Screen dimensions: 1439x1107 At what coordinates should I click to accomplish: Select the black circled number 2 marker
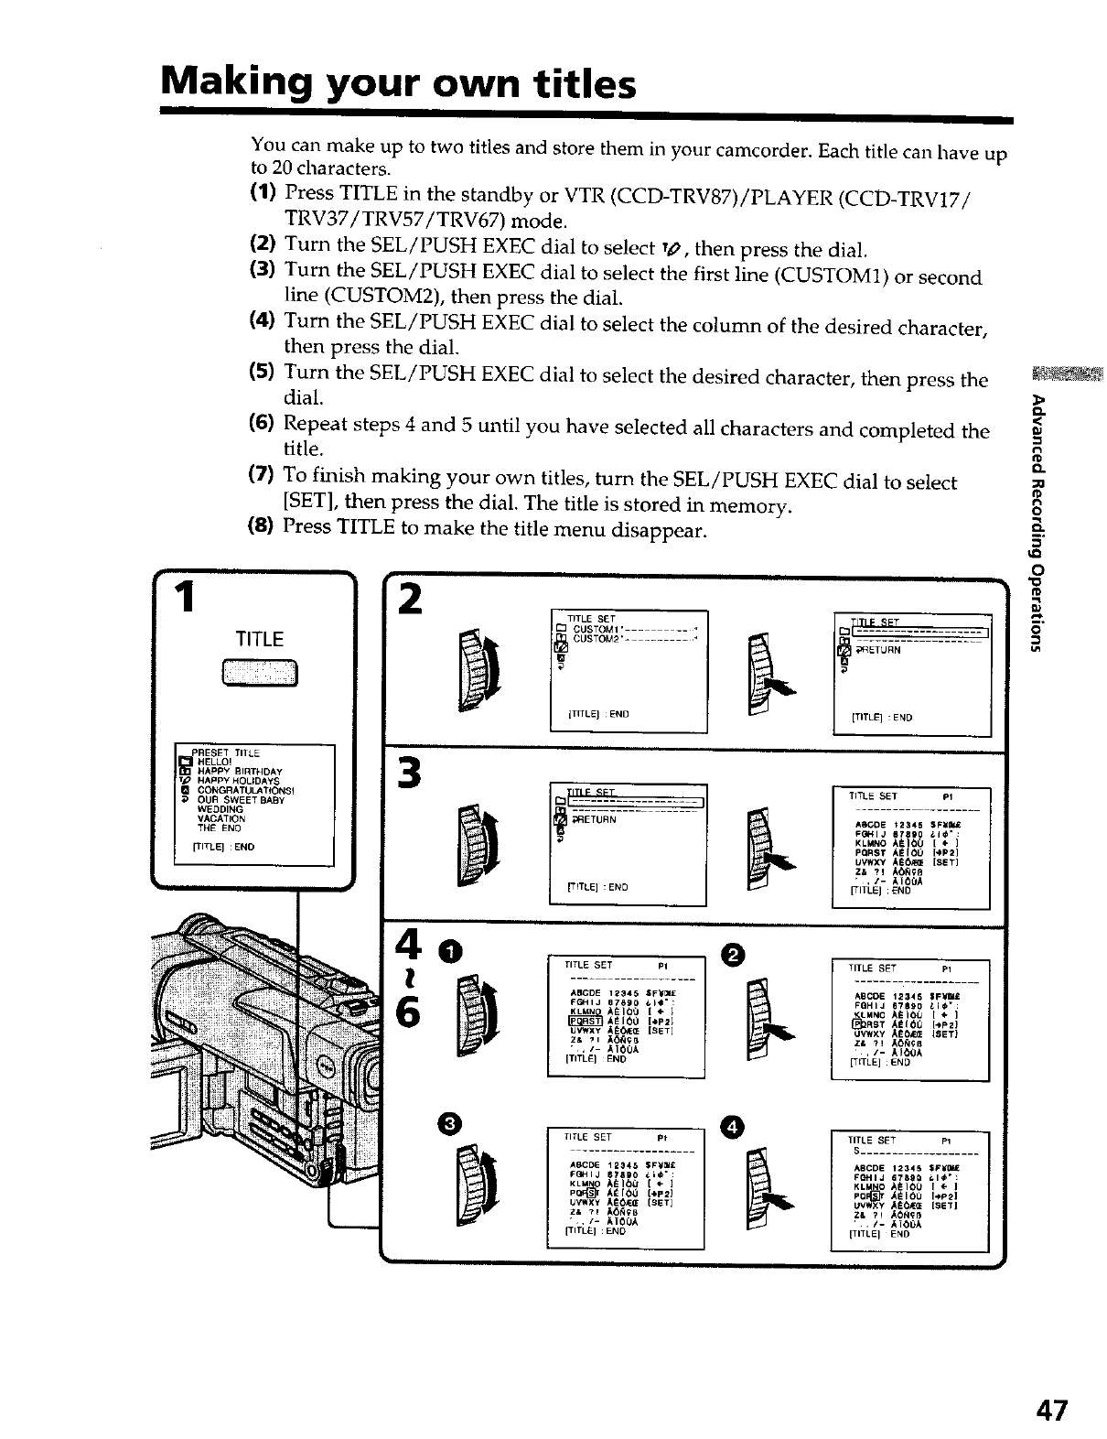[x=736, y=953]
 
